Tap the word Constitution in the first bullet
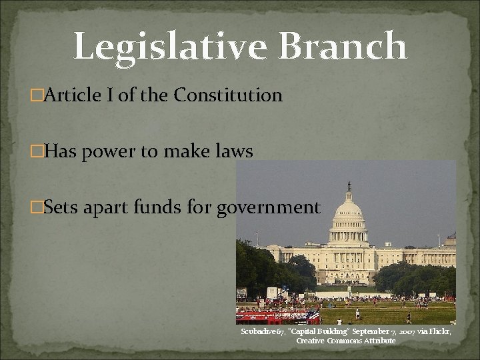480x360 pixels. (x=228, y=96)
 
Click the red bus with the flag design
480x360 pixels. (x=273, y=315)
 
